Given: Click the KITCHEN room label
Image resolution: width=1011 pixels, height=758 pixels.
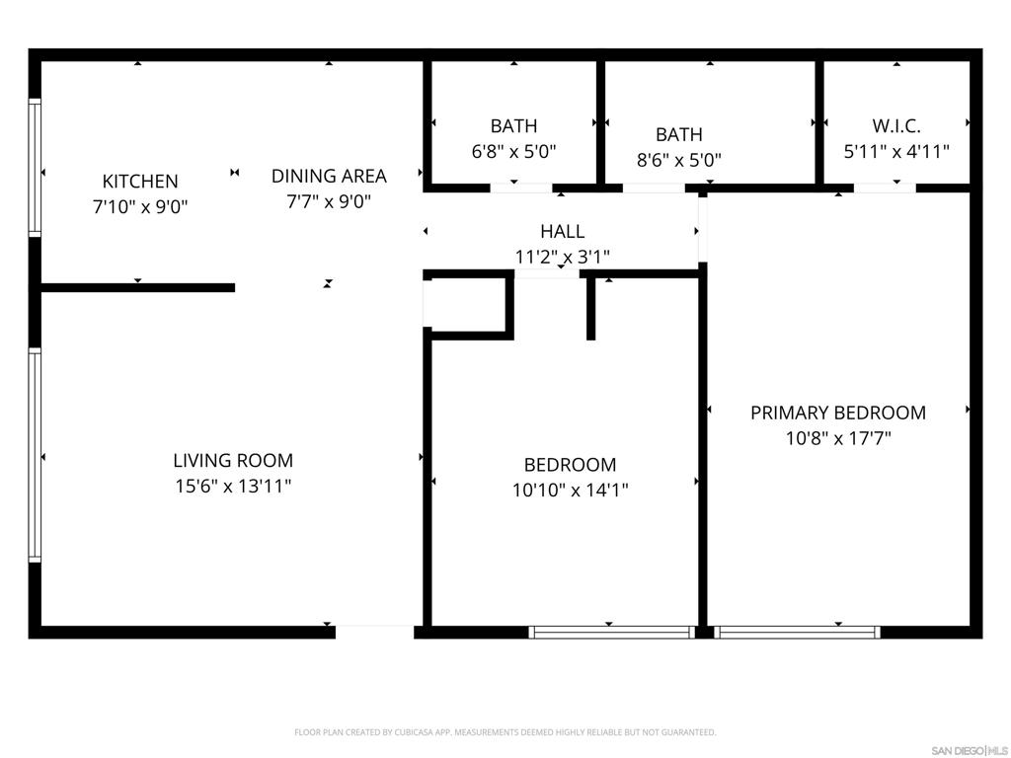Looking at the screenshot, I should coord(140,182).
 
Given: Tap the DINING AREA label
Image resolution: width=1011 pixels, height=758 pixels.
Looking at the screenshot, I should coord(329,177).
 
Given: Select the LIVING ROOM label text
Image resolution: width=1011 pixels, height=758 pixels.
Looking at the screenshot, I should coord(233,460).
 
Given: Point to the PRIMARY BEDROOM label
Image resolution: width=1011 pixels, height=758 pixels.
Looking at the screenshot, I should coord(838,413).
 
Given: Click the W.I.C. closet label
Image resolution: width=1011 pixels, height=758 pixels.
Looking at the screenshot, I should coord(896,126).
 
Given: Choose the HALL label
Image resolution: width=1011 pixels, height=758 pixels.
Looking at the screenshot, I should coord(562,232).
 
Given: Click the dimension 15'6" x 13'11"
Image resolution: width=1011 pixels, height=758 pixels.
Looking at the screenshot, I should coord(233,486).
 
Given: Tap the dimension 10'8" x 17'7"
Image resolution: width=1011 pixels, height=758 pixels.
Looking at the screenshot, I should coord(838,438).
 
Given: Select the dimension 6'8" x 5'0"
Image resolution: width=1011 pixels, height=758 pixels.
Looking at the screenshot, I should coord(514,152).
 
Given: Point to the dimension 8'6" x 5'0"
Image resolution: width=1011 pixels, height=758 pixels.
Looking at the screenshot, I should coord(679,160).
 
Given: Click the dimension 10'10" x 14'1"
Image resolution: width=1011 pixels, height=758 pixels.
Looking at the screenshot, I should coord(570,490).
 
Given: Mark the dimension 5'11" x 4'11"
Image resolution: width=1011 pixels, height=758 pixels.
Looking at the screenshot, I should coord(896,152).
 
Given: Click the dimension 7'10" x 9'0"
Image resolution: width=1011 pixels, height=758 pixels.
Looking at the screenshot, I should coord(140,207).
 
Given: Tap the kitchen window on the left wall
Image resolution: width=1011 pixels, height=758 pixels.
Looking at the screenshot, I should coord(35,168).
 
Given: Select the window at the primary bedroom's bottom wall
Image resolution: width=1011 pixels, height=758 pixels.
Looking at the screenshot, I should coord(797,632).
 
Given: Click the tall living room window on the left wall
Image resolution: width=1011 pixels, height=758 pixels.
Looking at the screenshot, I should coord(35,456).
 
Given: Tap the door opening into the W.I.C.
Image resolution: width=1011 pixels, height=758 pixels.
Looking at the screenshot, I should coord(884,188).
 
